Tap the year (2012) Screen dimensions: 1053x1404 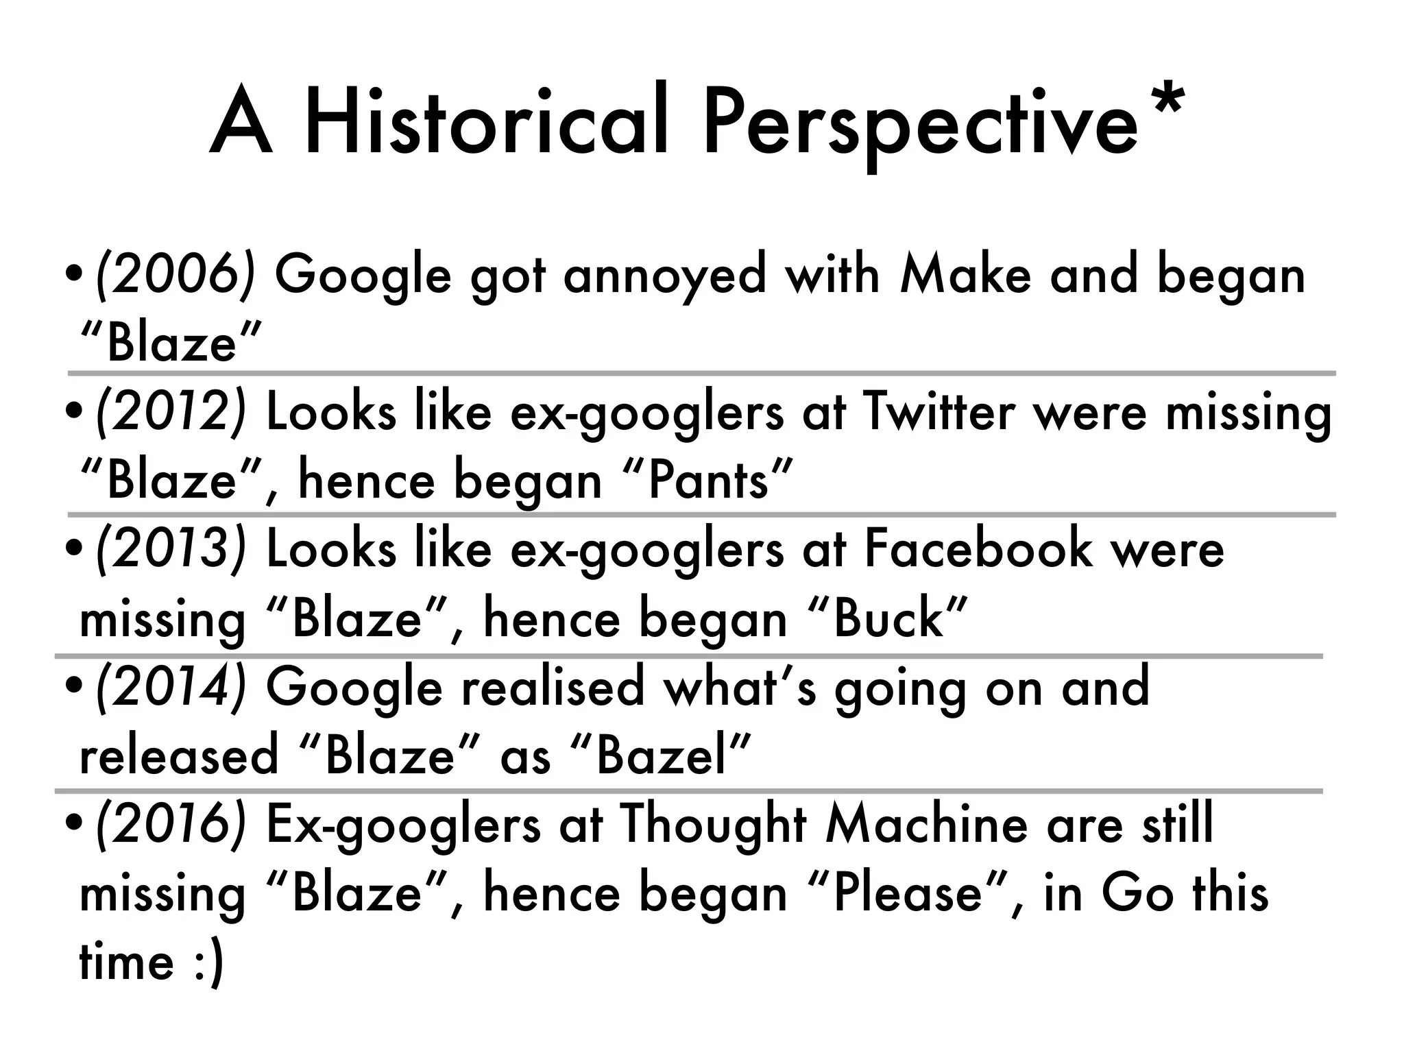pyautogui.click(x=171, y=413)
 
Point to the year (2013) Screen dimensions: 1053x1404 pyautogui.click(x=171, y=550)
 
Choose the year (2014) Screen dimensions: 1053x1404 pyautogui.click(x=171, y=687)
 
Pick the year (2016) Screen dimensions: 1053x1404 pyautogui.click(x=171, y=824)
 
